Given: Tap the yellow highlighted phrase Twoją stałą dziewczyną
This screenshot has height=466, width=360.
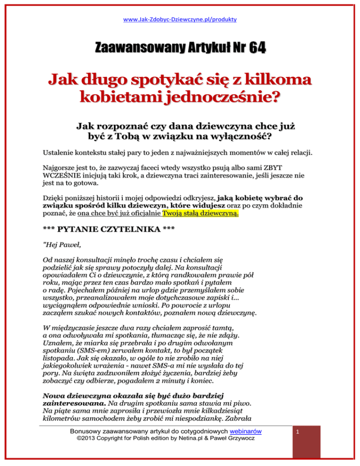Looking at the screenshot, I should click(201, 214).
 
